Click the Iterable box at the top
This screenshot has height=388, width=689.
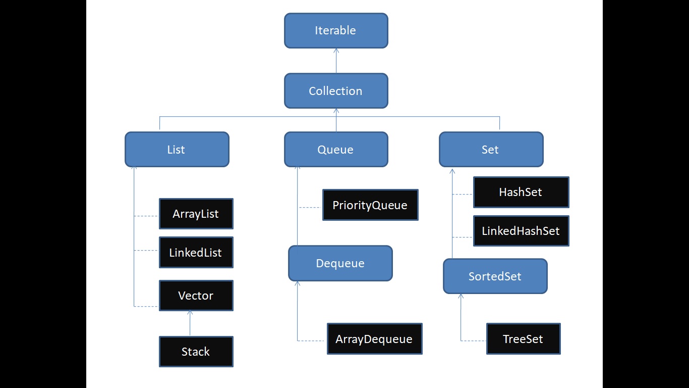point(336,31)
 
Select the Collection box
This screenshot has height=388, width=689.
point(336,91)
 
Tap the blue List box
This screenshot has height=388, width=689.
point(177,150)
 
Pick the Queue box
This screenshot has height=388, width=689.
point(336,150)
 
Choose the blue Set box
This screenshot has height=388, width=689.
point(491,150)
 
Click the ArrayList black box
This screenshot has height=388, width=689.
point(196,214)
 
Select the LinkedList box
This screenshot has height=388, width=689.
point(196,253)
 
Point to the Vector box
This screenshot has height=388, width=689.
point(196,296)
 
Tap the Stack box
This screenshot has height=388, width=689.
point(196,352)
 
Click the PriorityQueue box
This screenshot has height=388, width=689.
point(370,205)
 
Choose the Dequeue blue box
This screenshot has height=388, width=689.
point(340,263)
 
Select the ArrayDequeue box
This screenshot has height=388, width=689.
point(374,339)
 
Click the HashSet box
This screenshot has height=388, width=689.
point(521,192)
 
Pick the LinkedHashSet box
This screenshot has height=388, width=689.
point(521,231)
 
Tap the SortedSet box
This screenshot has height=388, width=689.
point(495,276)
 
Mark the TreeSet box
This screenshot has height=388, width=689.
point(523,339)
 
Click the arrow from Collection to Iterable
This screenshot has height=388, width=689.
point(336,61)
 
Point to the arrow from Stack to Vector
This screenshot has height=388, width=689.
point(190,323)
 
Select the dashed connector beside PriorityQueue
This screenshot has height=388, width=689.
point(310,207)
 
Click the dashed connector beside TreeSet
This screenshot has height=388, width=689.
point(473,341)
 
